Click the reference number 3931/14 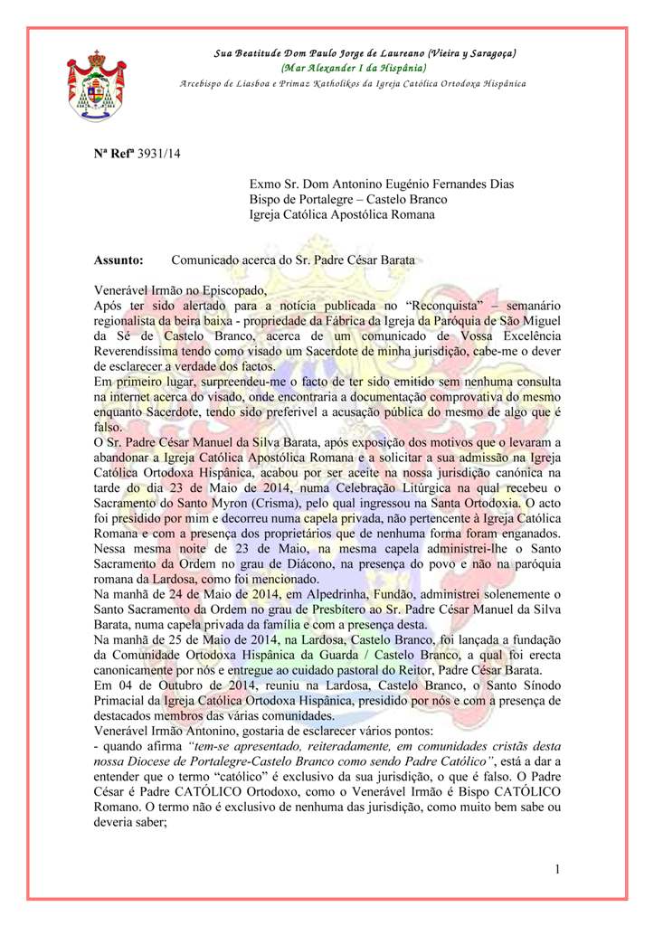click(x=159, y=155)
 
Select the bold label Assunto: click(x=119, y=260)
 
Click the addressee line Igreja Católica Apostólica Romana click(x=343, y=215)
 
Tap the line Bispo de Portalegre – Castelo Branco click(x=348, y=199)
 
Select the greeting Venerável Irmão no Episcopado click(x=181, y=290)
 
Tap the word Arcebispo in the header click(x=204, y=83)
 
